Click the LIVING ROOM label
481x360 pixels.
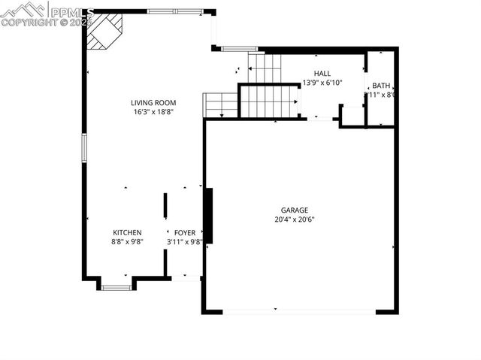click(153, 103)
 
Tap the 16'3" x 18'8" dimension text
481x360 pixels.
click(153, 112)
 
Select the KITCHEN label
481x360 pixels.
click(127, 232)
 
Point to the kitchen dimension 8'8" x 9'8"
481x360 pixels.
click(127, 241)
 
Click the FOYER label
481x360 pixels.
click(185, 232)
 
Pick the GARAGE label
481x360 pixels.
click(295, 210)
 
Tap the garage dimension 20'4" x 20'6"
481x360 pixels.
click(295, 219)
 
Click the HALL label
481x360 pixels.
click(322, 73)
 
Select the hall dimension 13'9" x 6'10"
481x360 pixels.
click(322, 83)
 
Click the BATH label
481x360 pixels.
click(381, 86)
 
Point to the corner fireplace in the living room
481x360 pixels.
click(102, 30)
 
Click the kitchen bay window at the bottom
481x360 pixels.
click(116, 286)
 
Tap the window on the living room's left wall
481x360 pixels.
click(84, 147)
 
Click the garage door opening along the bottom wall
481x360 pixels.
click(299, 311)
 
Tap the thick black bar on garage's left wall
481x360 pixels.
click(208, 216)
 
